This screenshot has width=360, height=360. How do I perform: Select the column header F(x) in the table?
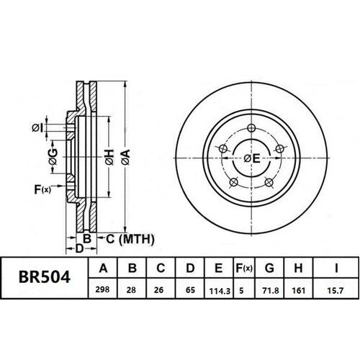[244, 269]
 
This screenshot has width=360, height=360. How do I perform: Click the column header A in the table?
[103, 269]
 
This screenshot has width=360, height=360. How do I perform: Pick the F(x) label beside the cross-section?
[42, 189]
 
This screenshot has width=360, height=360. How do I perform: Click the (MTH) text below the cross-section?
[123, 238]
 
